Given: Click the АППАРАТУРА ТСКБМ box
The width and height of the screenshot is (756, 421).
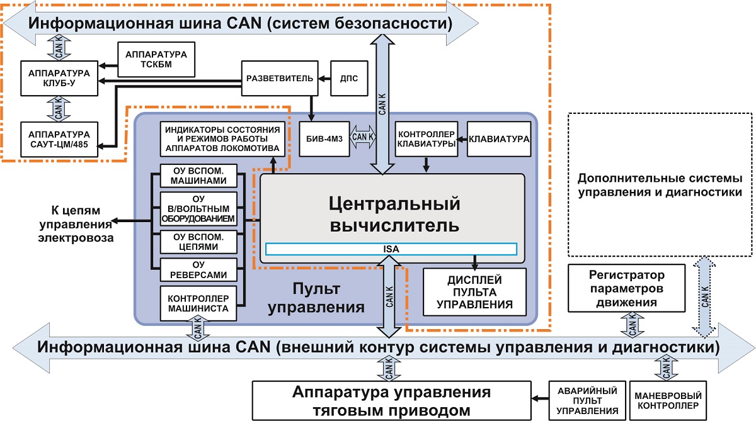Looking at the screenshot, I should (x=156, y=60).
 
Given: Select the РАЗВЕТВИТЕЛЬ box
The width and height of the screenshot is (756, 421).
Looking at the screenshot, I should (x=278, y=78).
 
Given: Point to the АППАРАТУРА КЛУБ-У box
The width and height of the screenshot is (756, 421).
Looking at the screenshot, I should (x=59, y=78).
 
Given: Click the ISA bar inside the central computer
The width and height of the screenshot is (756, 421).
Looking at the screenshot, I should (x=391, y=249).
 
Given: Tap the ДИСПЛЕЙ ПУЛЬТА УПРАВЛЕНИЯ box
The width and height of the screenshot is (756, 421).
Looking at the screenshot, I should (x=474, y=290).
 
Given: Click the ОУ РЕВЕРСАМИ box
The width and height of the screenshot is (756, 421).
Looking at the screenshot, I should (x=198, y=269).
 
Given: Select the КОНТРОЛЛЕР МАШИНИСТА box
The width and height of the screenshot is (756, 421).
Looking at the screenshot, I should (x=198, y=304).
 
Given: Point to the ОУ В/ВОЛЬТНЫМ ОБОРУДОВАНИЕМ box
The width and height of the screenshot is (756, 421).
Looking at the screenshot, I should (x=198, y=209).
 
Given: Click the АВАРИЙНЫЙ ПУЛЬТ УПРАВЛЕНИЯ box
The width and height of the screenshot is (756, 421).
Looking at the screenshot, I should (x=587, y=400).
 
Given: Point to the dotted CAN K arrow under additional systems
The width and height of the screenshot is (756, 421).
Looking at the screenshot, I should (x=704, y=296).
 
